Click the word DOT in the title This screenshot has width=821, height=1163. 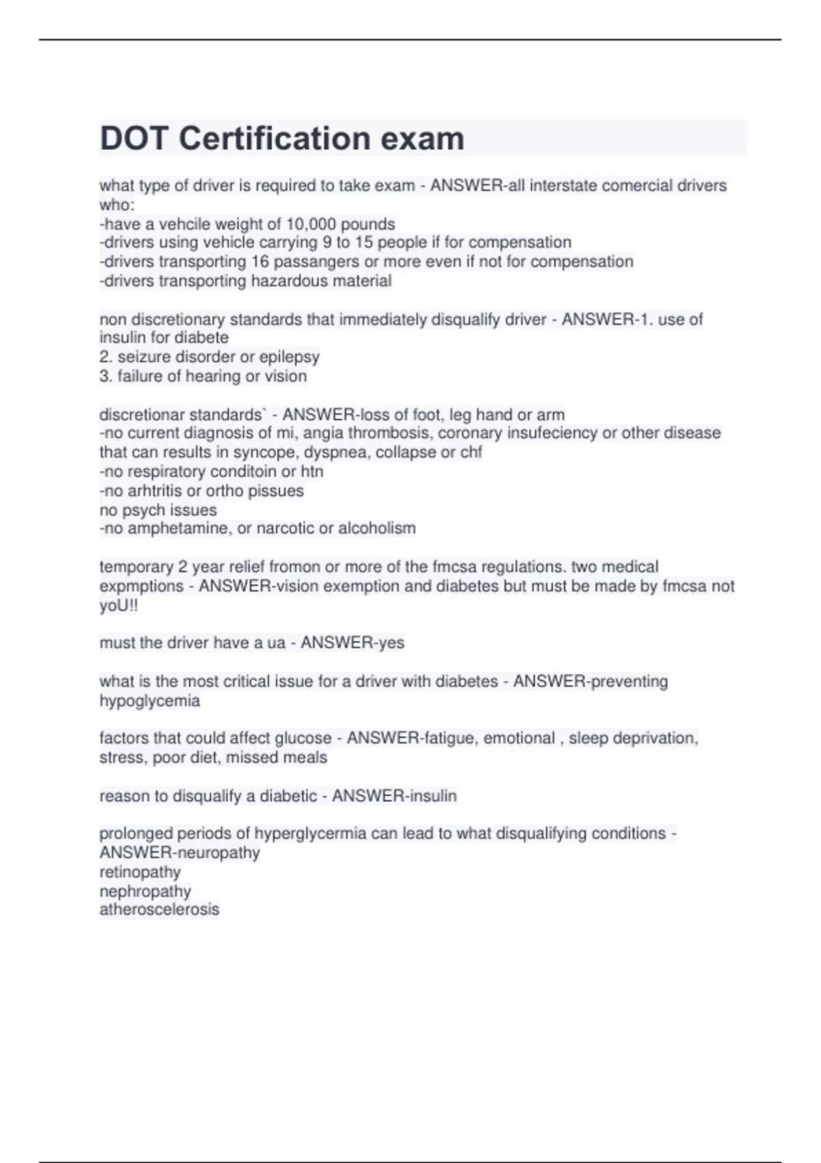[134, 139]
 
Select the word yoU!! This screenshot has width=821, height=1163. [119, 605]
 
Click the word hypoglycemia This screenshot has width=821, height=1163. [150, 701]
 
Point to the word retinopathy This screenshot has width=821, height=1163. [140, 872]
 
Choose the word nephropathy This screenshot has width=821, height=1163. [145, 891]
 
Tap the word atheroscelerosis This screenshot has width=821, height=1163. [159, 910]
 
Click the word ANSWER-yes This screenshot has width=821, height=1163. [352, 643]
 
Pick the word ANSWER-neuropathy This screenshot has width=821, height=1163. [180, 853]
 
